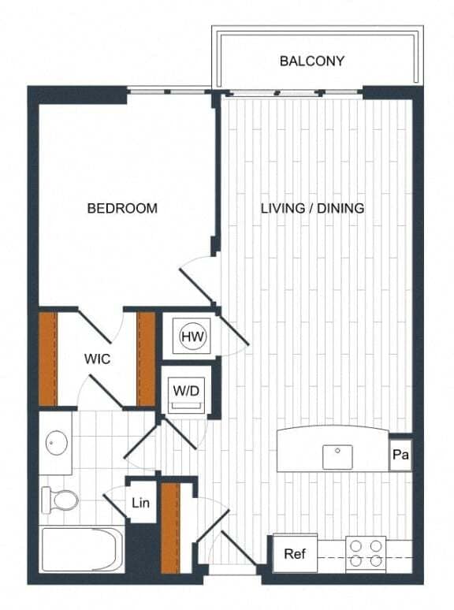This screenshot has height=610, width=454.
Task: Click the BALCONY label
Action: tap(311, 61)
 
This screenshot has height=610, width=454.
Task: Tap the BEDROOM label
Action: tap(122, 209)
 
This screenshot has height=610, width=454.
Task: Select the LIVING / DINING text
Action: tap(312, 209)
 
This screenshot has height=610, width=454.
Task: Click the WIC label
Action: tap(97, 359)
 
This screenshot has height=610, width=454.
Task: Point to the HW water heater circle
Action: tap(192, 337)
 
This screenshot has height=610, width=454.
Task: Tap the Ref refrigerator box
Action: tap(295, 554)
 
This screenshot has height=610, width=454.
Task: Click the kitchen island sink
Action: tap(338, 454)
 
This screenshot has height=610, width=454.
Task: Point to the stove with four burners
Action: tap(366, 553)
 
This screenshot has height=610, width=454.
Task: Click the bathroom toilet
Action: tap(61, 500)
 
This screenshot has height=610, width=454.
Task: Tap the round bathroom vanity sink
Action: tap(55, 443)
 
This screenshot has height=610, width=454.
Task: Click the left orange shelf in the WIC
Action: tap(48, 359)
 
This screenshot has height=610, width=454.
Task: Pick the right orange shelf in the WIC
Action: tap(147, 359)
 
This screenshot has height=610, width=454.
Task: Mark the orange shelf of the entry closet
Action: tap(171, 526)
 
